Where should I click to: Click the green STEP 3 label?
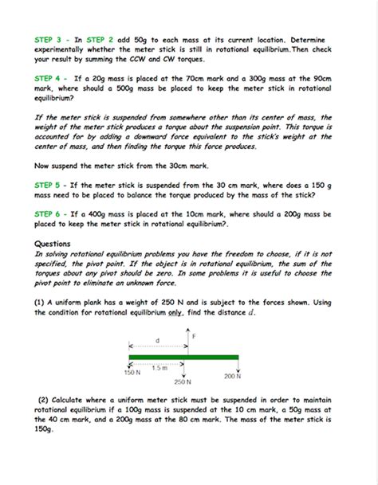coord(49,38)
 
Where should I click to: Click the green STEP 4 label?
coord(49,78)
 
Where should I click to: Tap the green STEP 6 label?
coord(49,215)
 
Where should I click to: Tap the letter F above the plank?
coord(192,337)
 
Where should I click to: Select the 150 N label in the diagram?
coord(132,373)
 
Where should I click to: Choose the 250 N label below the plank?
coord(183,381)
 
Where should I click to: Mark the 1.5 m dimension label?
coord(159,367)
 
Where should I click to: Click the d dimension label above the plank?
coord(157,341)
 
